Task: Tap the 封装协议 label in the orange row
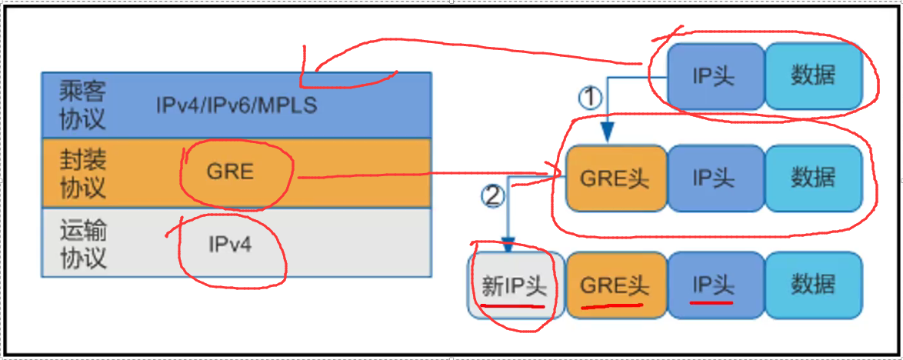[82, 173]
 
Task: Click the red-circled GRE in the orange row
[230, 171]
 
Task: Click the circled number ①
[588, 97]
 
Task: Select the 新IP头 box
[515, 285]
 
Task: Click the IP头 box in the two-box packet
[715, 76]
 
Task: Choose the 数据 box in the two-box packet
[813, 76]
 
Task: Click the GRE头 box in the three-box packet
[615, 178]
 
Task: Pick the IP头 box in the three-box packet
[715, 178]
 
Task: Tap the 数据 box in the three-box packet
[813, 178]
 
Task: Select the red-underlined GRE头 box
[615, 285]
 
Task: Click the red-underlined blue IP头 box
[715, 285]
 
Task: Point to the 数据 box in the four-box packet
[813, 285]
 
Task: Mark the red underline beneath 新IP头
[513, 305]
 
